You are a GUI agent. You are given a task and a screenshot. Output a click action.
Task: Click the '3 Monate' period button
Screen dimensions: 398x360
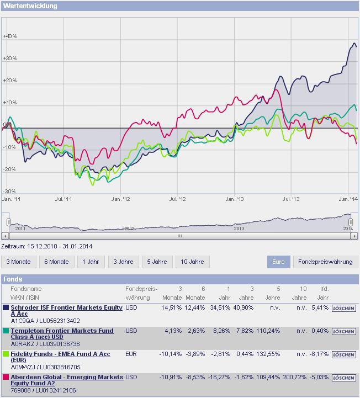(x=19, y=262)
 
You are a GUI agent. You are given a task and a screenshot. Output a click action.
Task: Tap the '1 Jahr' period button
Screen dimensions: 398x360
(x=91, y=262)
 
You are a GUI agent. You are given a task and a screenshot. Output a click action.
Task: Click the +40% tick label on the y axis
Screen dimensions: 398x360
(x=10, y=36)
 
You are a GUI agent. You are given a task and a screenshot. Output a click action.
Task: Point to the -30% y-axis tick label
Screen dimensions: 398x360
(x=9, y=191)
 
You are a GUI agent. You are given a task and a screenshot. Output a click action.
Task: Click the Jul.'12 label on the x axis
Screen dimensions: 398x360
(x=177, y=198)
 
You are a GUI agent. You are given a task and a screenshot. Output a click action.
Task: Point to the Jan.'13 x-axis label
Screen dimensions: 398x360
(x=235, y=198)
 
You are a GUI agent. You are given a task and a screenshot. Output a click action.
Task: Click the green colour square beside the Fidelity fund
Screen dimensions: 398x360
(x=6, y=353)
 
